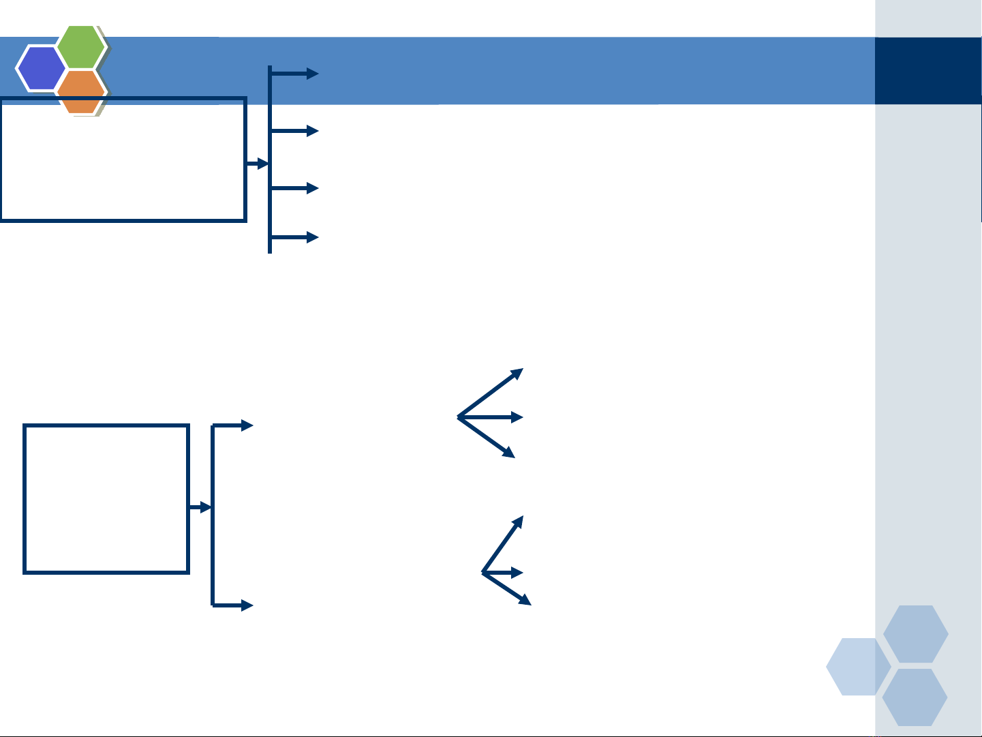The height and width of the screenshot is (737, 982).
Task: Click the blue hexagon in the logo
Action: tap(40, 68)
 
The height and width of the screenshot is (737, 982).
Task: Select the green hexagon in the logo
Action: tap(81, 47)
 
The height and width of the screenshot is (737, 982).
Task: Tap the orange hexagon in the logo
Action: tap(81, 91)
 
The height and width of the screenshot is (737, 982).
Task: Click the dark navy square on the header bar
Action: tap(927, 71)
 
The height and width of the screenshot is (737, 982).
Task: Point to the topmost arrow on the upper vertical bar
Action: tap(295, 74)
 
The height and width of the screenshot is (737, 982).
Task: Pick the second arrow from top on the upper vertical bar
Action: tap(295, 130)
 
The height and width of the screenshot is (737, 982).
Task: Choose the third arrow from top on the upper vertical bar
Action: tap(295, 187)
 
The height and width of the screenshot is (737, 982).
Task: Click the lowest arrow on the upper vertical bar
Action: tap(295, 237)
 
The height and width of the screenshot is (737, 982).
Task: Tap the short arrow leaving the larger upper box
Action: tap(257, 164)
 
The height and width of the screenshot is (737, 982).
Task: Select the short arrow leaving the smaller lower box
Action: tap(200, 508)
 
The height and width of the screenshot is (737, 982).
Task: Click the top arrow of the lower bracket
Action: tap(233, 426)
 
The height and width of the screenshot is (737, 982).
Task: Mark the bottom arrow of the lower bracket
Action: tap(233, 605)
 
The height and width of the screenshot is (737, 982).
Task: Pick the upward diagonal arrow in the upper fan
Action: tap(491, 392)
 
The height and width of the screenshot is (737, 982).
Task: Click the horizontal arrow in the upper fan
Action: tap(491, 417)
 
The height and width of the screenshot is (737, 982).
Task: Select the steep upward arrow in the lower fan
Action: tap(503, 543)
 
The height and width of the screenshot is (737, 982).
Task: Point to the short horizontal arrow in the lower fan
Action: tap(503, 572)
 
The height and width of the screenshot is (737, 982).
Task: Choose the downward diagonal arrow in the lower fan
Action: tap(507, 588)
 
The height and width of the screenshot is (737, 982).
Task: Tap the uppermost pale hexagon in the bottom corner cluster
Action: tap(916, 634)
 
